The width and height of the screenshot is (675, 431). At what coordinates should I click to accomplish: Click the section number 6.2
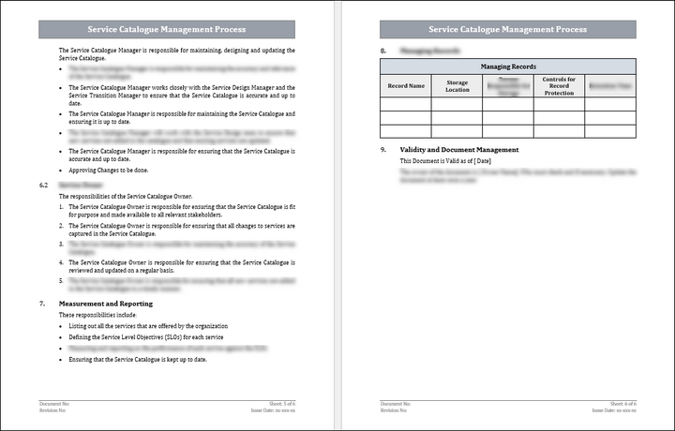(x=43, y=186)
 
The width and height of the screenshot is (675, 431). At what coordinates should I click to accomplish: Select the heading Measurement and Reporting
(x=106, y=304)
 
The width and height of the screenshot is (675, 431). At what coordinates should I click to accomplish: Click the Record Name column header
(x=406, y=86)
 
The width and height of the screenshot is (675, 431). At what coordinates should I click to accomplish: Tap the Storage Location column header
(x=457, y=86)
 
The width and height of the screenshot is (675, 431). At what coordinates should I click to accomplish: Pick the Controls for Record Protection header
(x=559, y=86)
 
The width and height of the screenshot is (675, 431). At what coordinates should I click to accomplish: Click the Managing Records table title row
(x=508, y=67)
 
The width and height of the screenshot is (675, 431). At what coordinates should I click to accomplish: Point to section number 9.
(x=382, y=150)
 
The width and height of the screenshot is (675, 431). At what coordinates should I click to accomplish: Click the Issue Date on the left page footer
(x=273, y=410)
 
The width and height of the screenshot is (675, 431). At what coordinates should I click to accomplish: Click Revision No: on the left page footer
(x=54, y=410)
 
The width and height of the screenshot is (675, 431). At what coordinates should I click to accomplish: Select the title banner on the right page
(x=508, y=29)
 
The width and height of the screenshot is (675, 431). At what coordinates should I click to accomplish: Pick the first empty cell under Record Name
(x=406, y=104)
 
